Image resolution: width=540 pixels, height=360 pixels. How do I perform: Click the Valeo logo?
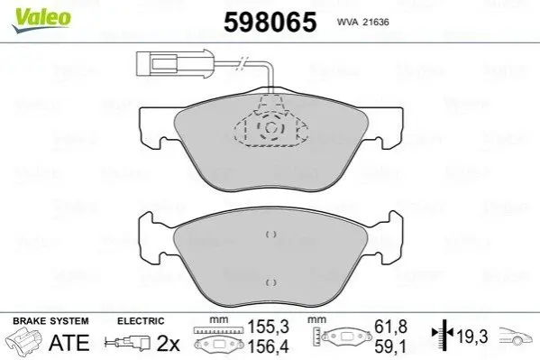click(x=41, y=20)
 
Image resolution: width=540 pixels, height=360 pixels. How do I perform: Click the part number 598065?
click(x=270, y=22)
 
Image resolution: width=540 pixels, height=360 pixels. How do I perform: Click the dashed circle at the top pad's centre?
click(x=270, y=127)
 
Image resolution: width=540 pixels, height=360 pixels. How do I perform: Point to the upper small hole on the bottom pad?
click(x=271, y=235)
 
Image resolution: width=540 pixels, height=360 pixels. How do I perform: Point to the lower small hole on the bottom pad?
click(x=271, y=282)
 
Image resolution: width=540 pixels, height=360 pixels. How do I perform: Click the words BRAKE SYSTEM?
click(x=50, y=321)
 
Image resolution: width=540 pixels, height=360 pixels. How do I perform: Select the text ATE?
click(x=69, y=343)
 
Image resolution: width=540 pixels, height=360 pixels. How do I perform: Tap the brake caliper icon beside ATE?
click(x=24, y=340)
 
